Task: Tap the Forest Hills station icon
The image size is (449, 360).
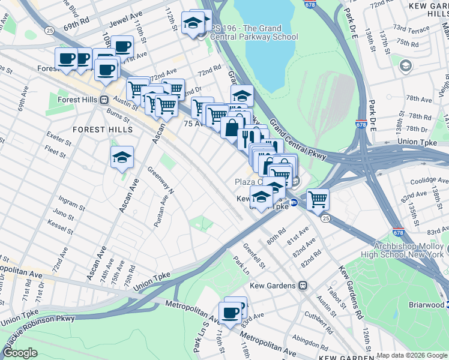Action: (104, 100)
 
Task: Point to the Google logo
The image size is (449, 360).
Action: (20, 352)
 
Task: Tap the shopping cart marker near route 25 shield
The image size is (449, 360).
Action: (318, 199)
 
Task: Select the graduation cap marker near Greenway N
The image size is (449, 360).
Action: (122, 158)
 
